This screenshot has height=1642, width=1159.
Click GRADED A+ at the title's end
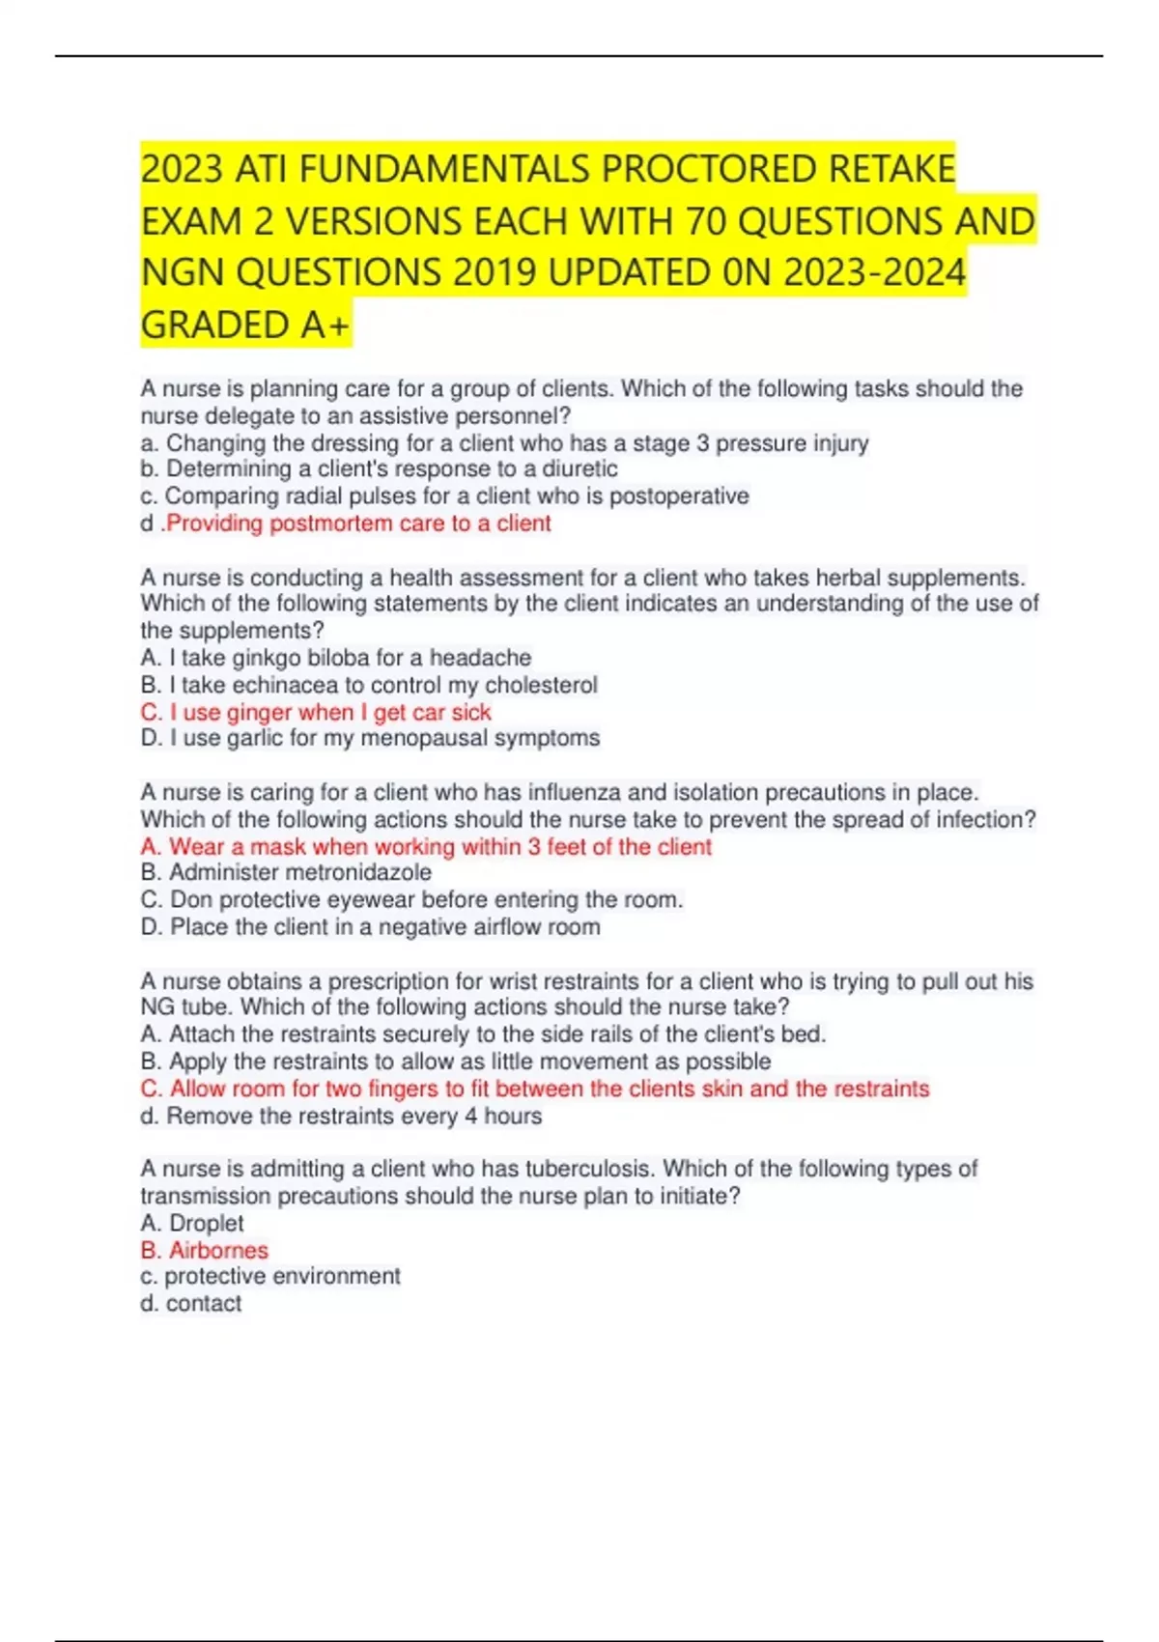pos(245,326)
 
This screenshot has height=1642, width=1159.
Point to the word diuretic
pos(579,469)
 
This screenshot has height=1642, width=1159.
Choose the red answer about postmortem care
pos(358,524)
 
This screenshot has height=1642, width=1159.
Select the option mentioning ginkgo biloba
pos(336,658)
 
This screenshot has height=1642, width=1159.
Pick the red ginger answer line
pos(317,712)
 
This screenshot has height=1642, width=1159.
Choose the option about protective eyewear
pos(412,899)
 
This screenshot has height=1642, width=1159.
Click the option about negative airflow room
pos(371,927)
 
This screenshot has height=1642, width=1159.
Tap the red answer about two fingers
pos(535,1089)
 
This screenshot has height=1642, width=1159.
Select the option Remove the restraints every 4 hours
pos(342,1117)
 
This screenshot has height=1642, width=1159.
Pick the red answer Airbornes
pos(206,1250)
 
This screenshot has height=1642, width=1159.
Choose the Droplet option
pos(193,1223)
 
